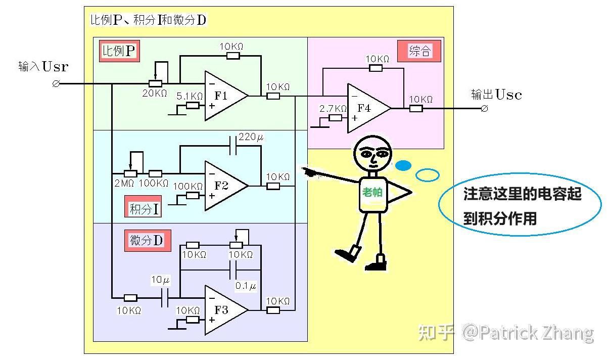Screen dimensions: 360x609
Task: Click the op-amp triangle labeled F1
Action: pos(222,96)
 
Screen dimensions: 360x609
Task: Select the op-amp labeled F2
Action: pos(222,186)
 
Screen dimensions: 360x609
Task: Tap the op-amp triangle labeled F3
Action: pos(222,310)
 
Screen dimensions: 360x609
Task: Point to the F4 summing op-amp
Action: pos(365,108)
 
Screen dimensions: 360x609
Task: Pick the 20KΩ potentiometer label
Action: pos(155,93)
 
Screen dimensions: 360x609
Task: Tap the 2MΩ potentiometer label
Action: pos(124,183)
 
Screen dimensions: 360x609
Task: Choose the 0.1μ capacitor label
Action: pos(246,286)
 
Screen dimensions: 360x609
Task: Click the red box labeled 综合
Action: pos(419,51)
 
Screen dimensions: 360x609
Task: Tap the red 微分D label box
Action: pos(147,241)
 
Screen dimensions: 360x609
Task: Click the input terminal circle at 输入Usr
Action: pos(56,83)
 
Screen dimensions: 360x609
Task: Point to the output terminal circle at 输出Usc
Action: pos(484,108)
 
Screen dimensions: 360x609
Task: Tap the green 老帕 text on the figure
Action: pos(373,192)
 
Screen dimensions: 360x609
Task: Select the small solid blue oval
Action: pos(403,165)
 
